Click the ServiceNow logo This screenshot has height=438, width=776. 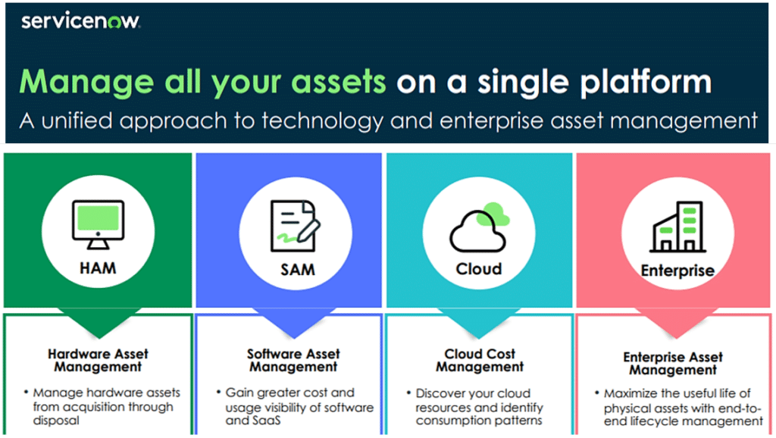click(80, 21)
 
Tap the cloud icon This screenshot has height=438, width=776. click(479, 227)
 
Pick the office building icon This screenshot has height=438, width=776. click(677, 227)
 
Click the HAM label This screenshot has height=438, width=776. click(97, 267)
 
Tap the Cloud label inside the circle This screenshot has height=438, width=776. click(479, 269)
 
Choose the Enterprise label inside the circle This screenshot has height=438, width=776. click(677, 271)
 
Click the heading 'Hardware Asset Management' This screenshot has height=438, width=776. click(99, 360)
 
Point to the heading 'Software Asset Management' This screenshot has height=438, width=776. click(293, 360)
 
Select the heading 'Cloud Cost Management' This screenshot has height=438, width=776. click(480, 360)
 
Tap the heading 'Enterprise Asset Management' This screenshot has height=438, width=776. click(673, 363)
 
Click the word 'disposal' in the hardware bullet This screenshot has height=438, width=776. click(55, 421)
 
